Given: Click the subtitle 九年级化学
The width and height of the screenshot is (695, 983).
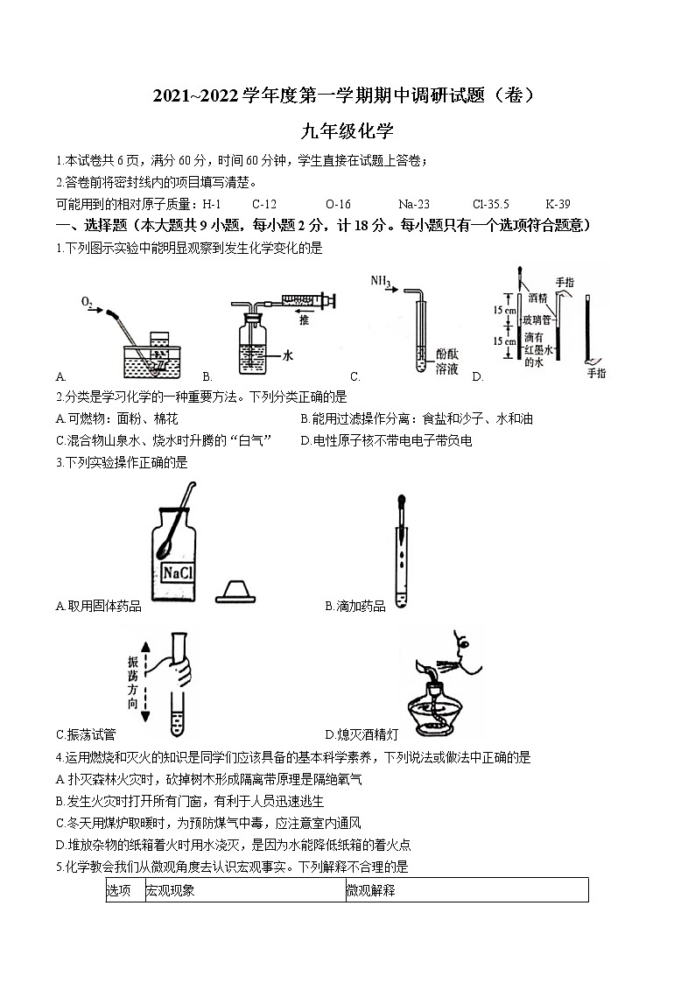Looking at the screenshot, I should (347, 131).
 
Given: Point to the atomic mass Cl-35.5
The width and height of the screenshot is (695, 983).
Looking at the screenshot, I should (490, 203).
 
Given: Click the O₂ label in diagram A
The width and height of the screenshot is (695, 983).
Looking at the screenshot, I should (87, 302).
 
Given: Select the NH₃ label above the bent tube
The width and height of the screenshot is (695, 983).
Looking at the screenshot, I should (380, 282).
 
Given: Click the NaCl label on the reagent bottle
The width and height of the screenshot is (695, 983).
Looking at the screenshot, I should (179, 572).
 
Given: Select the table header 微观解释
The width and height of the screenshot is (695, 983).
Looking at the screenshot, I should (370, 891).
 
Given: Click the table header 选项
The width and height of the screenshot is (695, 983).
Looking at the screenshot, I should (119, 891).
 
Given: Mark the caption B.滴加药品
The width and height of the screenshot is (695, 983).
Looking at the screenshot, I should (355, 606).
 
